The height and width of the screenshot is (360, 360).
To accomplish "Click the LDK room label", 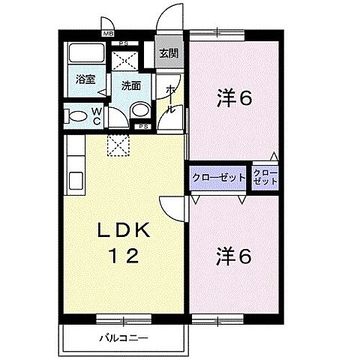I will (x=126, y=230).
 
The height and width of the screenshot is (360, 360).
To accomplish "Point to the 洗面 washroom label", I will (x=131, y=85).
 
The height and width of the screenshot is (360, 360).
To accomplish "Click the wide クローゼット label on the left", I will (x=218, y=178).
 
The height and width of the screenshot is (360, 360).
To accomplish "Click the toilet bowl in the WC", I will (x=76, y=115).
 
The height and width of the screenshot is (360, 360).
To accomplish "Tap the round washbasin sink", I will (x=139, y=111).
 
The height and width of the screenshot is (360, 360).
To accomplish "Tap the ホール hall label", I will (x=171, y=98).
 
